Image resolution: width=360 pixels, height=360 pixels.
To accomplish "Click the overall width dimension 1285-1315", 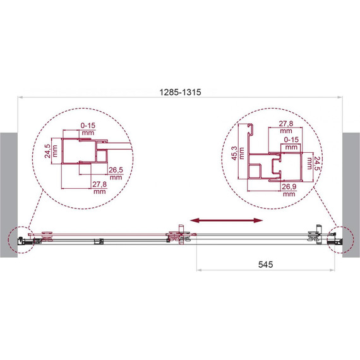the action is point(180,92).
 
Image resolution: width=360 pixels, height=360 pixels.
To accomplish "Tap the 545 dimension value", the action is point(266,265).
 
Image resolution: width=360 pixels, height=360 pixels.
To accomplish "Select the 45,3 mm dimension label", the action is point(237,153).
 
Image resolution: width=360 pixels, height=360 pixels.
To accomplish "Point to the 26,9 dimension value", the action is point(289,187).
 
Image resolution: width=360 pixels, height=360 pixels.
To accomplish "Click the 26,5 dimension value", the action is point(116,170).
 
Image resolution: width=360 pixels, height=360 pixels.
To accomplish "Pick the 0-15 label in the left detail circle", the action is point(88,126).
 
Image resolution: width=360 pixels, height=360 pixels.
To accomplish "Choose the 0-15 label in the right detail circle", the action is point(291,140).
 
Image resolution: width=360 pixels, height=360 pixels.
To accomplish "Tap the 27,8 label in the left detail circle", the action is point(100,184).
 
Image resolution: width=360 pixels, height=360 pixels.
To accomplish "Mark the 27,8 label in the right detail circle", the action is point(286,124).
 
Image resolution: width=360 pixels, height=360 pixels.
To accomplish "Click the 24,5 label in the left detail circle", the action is point(47,151).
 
